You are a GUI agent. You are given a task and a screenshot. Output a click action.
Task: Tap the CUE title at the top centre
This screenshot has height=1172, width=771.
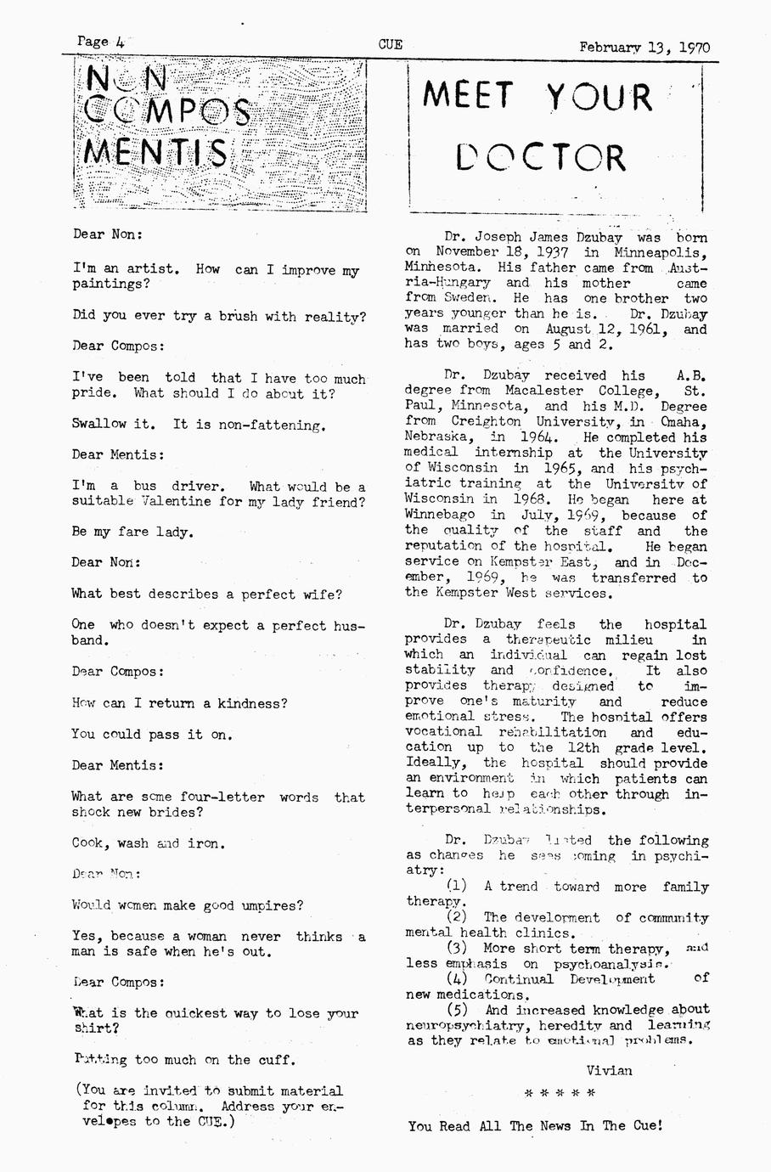tap(391, 45)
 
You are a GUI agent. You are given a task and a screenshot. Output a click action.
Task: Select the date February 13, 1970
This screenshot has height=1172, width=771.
tap(644, 48)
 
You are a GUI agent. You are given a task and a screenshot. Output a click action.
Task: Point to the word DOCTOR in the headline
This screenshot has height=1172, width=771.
tap(541, 158)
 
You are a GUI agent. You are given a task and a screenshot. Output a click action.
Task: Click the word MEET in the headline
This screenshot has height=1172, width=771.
tap(468, 96)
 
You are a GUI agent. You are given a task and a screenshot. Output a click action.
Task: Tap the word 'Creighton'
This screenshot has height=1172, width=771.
tap(486, 421)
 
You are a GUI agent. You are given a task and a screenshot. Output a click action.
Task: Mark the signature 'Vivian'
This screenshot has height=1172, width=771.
tap(609, 1070)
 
